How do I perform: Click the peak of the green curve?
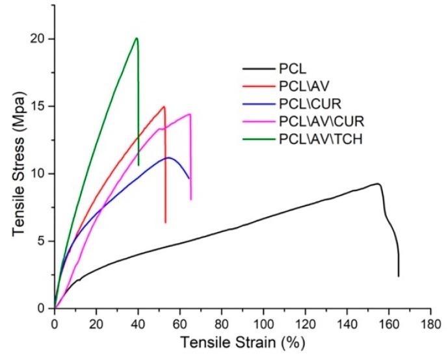point(136,38)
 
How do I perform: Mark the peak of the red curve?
point(164,107)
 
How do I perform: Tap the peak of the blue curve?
point(168,157)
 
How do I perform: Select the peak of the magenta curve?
point(189,114)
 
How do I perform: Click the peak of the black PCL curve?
point(376,184)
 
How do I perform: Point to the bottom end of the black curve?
point(398,276)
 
